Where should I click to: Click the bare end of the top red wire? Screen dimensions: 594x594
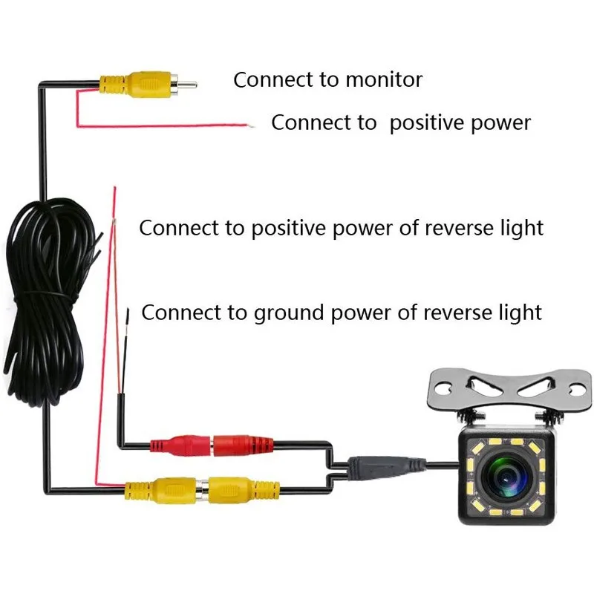click(252, 127)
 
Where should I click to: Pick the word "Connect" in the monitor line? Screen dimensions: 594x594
click(265, 80)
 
